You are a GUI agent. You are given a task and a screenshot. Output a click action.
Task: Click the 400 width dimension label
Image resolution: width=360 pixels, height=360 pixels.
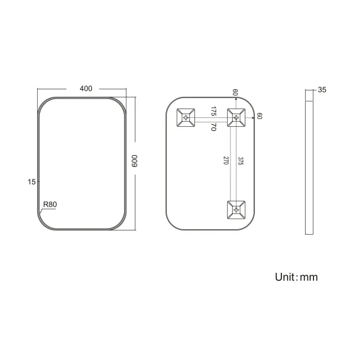coord(86,89)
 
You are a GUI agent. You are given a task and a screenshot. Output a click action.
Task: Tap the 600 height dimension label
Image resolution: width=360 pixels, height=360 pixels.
coord(135,161)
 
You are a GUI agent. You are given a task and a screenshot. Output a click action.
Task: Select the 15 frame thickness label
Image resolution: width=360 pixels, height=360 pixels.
coord(33,181)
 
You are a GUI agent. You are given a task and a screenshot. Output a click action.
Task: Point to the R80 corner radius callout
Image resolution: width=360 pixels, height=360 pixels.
coord(50,204)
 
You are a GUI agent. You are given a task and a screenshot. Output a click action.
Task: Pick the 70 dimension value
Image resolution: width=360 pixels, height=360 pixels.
coord(213,126)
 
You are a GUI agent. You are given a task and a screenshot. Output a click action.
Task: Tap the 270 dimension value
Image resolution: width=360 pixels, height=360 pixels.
coord(225,161)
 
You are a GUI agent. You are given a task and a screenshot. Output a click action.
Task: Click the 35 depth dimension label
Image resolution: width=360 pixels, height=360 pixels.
coord(322,89)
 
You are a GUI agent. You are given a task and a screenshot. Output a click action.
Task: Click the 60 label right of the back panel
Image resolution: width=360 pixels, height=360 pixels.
coord(259,116)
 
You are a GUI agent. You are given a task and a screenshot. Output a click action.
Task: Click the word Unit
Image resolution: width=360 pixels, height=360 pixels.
coord(286,277)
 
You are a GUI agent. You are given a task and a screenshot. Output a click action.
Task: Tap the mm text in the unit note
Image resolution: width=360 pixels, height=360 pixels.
coord(308,277)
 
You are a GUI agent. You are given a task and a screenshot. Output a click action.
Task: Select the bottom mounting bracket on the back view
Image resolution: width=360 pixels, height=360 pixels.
coord(236,209)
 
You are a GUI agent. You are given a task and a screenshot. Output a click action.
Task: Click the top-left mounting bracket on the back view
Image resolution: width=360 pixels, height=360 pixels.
coord(186,117)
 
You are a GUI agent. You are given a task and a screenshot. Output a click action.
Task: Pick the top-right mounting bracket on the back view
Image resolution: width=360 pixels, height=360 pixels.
coord(236,117)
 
